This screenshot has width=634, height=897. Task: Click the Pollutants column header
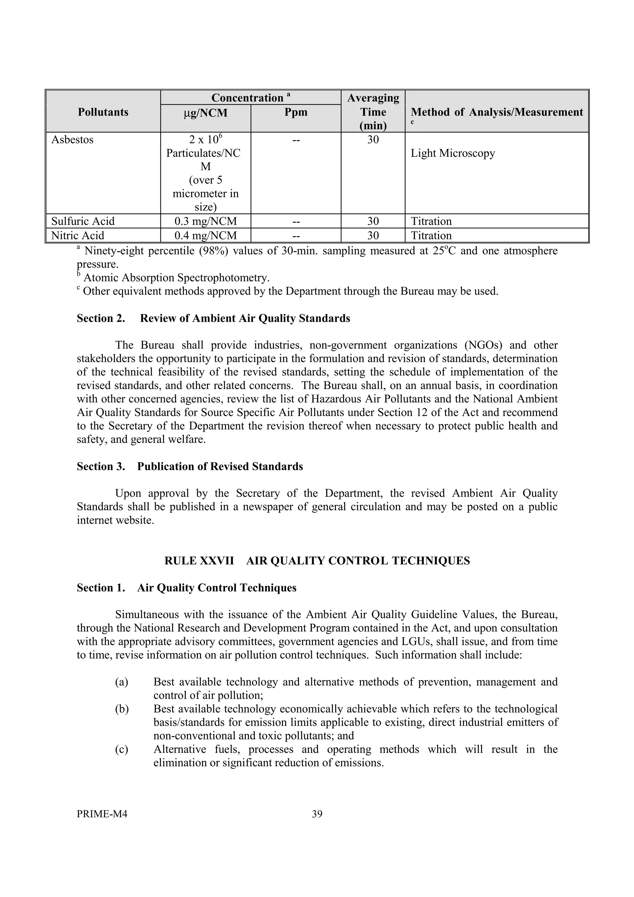click(103, 112)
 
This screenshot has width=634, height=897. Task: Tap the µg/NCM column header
click(206, 113)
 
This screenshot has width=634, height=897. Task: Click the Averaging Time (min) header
click(373, 112)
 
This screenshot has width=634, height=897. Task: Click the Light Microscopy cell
click(453, 153)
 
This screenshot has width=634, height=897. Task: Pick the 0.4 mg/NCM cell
click(206, 236)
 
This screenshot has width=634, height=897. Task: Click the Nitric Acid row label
click(78, 236)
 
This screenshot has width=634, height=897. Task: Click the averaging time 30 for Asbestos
click(373, 140)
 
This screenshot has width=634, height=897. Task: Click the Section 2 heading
click(213, 318)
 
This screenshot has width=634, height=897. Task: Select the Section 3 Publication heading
click(190, 466)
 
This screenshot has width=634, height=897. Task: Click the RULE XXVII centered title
click(317, 561)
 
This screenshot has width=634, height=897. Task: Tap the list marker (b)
click(121, 709)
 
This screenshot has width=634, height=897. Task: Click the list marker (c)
click(121, 749)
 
